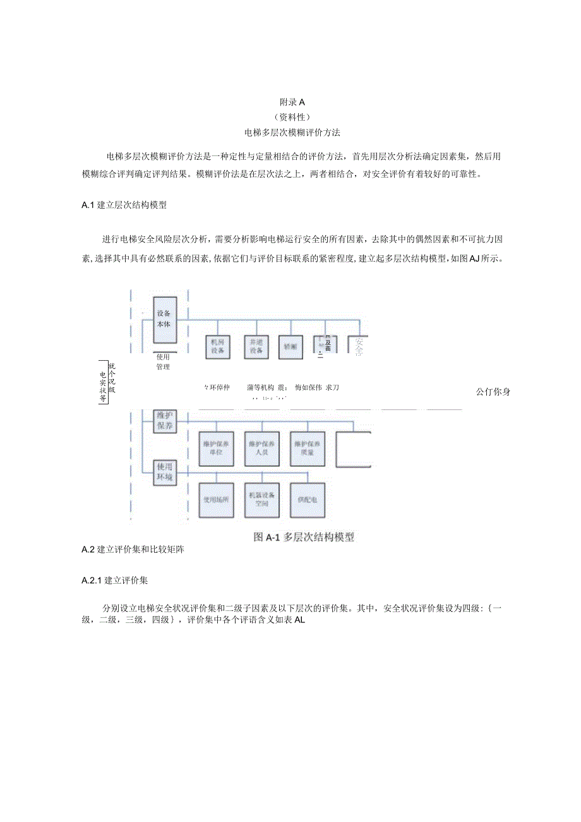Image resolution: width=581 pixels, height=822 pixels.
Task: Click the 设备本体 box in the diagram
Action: pyautogui.click(x=165, y=320)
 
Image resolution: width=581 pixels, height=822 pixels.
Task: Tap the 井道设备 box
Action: pyautogui.click(x=255, y=346)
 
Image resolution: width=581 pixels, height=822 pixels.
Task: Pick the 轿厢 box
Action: pyautogui.click(x=290, y=346)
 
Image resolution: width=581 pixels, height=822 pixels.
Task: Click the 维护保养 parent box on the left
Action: pyautogui.click(x=165, y=421)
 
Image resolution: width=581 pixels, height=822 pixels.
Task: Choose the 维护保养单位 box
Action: pyautogui.click(x=217, y=449)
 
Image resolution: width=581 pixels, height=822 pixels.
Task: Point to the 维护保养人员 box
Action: pyautogui.click(x=263, y=449)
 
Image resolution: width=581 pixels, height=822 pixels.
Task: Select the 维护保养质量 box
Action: pyautogui.click(x=308, y=449)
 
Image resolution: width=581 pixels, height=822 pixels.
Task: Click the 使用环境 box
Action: pyautogui.click(x=165, y=472)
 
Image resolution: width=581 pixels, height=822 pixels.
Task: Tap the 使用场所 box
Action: pyautogui.click(x=217, y=499)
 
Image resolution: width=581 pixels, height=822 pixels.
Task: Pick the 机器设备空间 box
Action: pyautogui.click(x=263, y=499)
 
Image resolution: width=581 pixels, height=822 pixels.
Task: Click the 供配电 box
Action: pyautogui.click(x=308, y=499)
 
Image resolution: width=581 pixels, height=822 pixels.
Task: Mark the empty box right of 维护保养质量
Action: pyautogui.click(x=353, y=449)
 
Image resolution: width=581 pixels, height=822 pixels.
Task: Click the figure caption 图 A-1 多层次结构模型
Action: pyautogui.click(x=304, y=537)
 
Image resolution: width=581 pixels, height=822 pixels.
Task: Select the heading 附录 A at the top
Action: pyautogui.click(x=292, y=101)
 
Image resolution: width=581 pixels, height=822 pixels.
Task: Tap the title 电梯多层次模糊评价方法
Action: pyautogui.click(x=292, y=133)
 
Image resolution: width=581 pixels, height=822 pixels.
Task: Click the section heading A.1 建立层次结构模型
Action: pyautogui.click(x=124, y=205)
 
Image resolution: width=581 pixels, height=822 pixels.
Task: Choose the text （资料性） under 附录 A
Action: pyautogui.click(x=292, y=117)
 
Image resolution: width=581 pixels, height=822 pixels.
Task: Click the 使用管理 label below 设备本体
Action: pyautogui.click(x=163, y=361)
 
